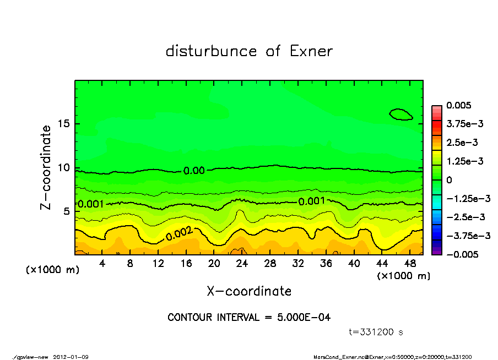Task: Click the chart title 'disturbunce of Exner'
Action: [x=249, y=51]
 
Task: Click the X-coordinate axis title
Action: [x=249, y=291]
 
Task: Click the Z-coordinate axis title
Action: [x=46, y=167]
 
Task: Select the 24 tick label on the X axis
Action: [x=242, y=264]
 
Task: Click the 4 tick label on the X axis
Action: [x=102, y=264]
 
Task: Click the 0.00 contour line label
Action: [x=194, y=171]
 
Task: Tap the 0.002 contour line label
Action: [x=179, y=233]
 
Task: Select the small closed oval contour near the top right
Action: [x=400, y=114]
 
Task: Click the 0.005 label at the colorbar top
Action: [x=458, y=105]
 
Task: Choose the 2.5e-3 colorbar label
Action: [x=462, y=143]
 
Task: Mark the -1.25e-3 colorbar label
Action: [x=465, y=198]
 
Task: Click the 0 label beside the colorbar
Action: [x=449, y=180]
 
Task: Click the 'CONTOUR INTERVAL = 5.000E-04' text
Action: [x=249, y=317]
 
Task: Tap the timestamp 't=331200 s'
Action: [x=377, y=332]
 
